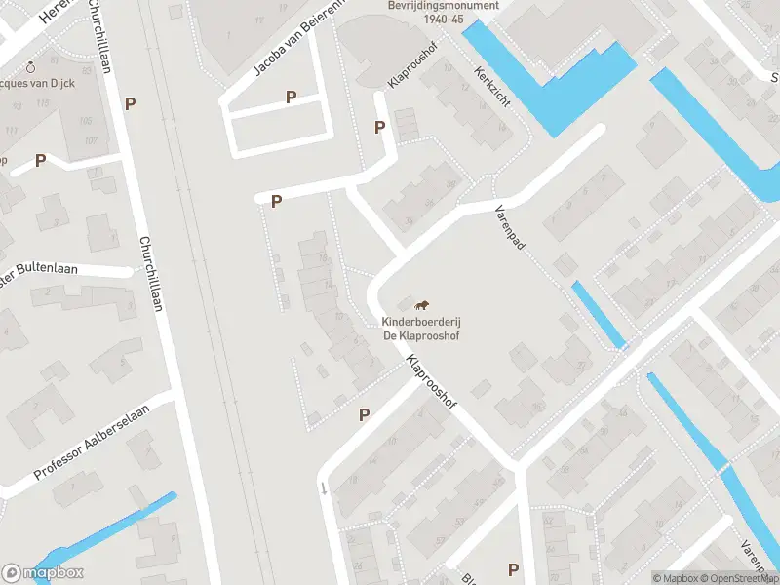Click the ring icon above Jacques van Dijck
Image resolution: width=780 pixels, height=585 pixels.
click(x=31, y=66)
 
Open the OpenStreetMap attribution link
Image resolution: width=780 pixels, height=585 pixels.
click(x=740, y=578)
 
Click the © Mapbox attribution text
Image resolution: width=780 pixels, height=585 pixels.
click(x=677, y=578)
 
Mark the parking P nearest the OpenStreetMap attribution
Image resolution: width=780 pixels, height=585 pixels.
click(x=513, y=569)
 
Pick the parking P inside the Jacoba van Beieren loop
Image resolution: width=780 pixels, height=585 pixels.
click(x=291, y=97)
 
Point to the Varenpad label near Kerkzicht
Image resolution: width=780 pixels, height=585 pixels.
click(x=509, y=228)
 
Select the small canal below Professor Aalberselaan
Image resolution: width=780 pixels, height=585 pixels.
click(x=107, y=532)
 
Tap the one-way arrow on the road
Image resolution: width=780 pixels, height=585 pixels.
click(x=323, y=487)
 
